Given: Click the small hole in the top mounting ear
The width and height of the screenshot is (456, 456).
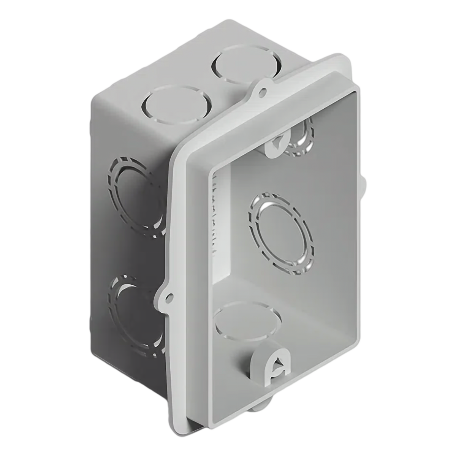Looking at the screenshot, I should pyautogui.click(x=262, y=91).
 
